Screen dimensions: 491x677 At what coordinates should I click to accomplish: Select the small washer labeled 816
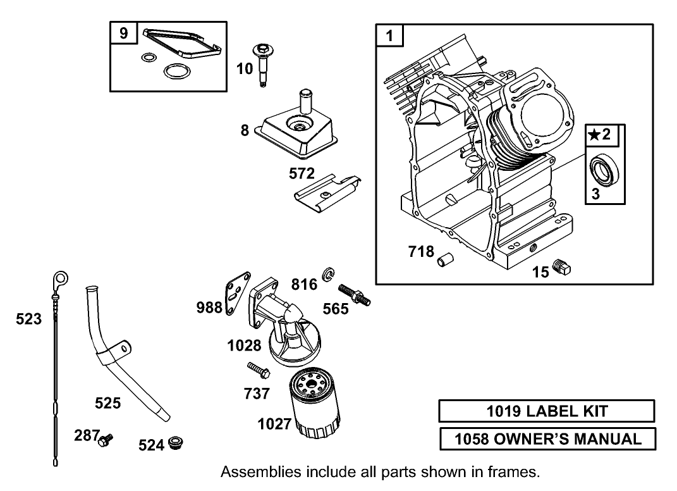pyautogui.click(x=329, y=273)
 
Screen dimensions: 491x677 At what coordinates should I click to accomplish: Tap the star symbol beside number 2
pyautogui.click(x=594, y=135)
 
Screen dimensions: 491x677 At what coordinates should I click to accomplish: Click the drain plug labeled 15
pyautogui.click(x=561, y=268)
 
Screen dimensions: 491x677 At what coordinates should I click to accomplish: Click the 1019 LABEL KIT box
pyautogui.click(x=547, y=411)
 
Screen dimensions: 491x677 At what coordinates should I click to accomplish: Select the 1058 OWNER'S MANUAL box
pyautogui.click(x=547, y=438)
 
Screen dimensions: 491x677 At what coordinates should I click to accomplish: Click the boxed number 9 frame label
pyautogui.click(x=123, y=34)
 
